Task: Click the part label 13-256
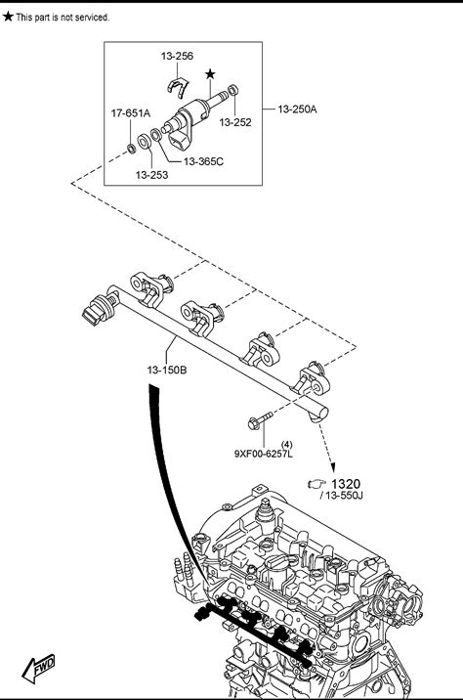[177, 56]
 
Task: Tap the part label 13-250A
[297, 109]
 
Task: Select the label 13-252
[235, 122]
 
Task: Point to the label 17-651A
[131, 113]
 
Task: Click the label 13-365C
[203, 161]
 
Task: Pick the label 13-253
[151, 175]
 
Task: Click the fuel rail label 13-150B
[167, 371]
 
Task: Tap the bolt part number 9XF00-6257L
[264, 454]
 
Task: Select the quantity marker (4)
[287, 445]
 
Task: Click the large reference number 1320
[346, 484]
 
